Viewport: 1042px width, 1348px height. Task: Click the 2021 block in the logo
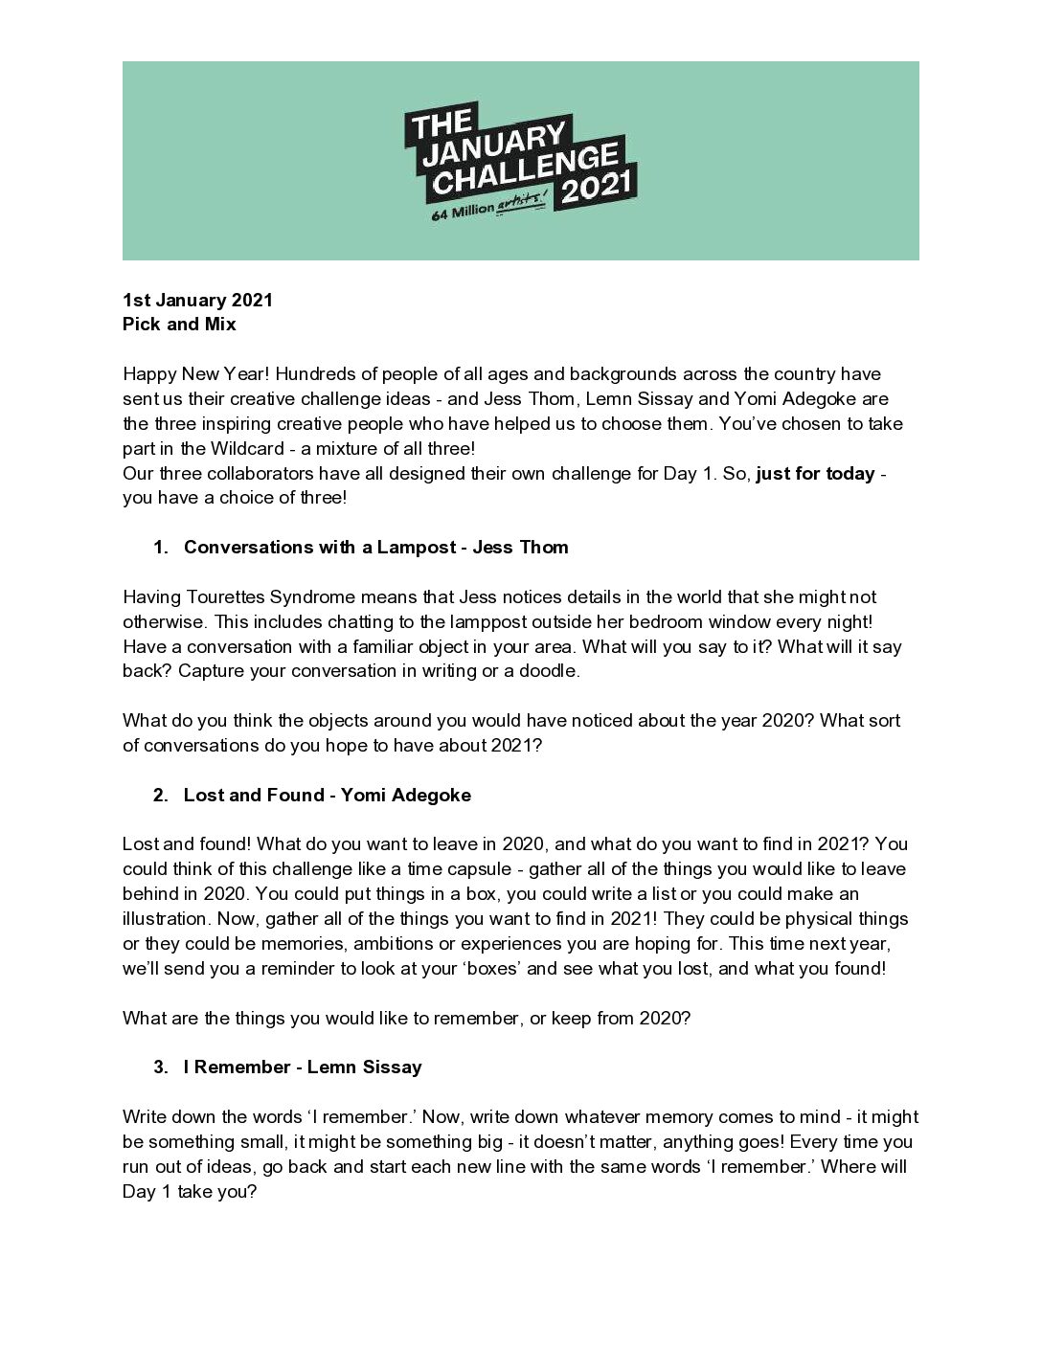tap(598, 186)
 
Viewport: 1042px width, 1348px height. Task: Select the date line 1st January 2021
tap(197, 300)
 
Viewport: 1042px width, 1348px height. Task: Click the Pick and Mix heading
tap(179, 324)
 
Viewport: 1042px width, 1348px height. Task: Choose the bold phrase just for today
tap(815, 473)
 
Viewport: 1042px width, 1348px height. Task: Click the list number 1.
tap(159, 547)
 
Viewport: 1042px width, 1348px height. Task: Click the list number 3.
tap(159, 1067)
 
